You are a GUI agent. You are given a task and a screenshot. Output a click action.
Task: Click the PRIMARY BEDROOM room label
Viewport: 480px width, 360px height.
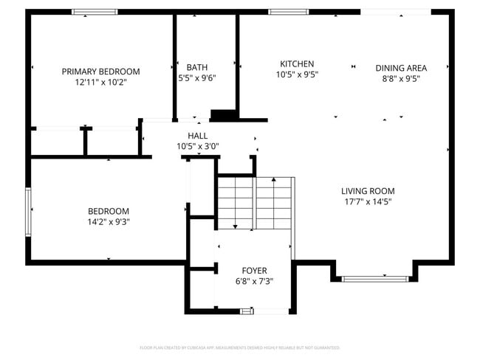click(x=100, y=72)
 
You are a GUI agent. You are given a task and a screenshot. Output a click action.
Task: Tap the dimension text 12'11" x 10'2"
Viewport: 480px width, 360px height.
click(x=100, y=83)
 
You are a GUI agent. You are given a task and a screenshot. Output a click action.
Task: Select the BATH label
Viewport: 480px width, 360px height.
click(x=196, y=66)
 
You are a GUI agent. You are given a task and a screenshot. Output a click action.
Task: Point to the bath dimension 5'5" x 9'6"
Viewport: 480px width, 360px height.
click(x=196, y=77)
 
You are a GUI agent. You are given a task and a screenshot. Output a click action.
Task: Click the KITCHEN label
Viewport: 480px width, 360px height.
click(x=296, y=64)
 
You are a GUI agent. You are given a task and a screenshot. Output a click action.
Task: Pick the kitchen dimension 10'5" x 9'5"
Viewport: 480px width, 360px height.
click(x=296, y=75)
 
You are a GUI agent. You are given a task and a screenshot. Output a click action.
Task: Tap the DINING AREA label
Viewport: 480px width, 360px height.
click(x=401, y=68)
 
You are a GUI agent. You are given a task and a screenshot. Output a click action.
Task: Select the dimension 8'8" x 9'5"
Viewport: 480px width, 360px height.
click(x=401, y=79)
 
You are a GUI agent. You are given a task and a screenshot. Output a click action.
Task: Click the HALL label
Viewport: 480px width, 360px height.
click(x=197, y=136)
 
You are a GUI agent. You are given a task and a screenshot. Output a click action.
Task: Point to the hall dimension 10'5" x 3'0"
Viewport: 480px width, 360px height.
click(x=197, y=146)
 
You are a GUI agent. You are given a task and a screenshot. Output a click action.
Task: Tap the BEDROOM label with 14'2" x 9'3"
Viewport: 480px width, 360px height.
click(x=109, y=210)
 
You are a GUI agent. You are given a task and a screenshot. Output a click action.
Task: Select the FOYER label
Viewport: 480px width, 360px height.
click(x=254, y=271)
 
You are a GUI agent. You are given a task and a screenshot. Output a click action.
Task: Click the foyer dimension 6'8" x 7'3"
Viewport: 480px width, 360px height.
click(x=254, y=281)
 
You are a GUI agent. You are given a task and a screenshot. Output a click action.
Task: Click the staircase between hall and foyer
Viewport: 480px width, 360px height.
click(x=255, y=203)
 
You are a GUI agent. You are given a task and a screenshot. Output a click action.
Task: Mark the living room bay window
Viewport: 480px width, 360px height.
click(x=376, y=278)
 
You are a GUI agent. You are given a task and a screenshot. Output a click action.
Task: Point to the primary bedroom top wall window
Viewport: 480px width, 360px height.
click(x=94, y=12)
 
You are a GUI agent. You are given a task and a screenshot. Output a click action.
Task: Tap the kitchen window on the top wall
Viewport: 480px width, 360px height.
click(x=288, y=12)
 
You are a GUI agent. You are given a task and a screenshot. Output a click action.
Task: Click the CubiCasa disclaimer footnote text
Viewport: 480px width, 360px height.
click(x=240, y=347)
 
